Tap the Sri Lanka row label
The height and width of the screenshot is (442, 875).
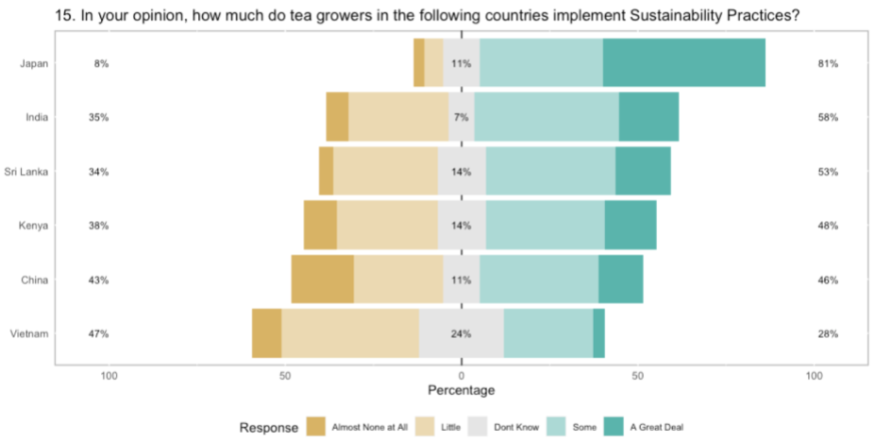pos(33,172)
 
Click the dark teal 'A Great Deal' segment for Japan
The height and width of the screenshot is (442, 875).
pos(683,64)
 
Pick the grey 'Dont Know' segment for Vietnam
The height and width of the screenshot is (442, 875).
pos(461,334)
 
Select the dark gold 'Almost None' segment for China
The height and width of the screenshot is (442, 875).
pos(322,280)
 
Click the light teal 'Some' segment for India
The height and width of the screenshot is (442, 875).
pos(547,118)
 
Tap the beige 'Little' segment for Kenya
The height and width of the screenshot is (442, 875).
pos(387,227)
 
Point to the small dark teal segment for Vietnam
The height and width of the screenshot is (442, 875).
pos(598,334)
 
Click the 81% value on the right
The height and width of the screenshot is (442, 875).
pos(829,64)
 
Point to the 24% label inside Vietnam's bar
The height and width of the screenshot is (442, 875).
pos(461,334)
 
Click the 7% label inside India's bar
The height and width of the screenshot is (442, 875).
pos(461,118)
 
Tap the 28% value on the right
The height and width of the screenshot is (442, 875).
pos(829,334)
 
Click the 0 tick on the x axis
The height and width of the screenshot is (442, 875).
pos(461,376)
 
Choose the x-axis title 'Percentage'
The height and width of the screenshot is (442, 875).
pos(461,390)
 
